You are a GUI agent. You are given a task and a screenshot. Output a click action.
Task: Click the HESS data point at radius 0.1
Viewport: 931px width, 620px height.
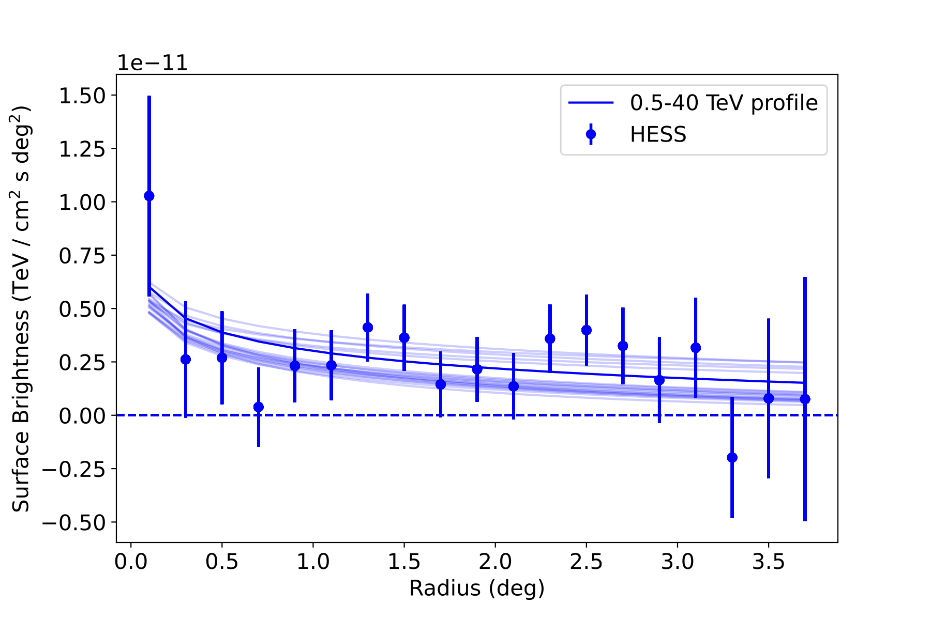point(149,196)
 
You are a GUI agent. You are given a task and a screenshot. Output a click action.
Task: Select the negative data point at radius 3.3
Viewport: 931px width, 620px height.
point(732,458)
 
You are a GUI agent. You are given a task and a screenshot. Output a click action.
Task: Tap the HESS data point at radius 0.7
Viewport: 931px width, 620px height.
point(259,407)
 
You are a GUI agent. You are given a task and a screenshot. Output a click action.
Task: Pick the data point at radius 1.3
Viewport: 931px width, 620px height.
point(368,327)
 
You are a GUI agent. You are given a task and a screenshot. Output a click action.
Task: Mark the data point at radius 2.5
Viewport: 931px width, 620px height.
point(587,330)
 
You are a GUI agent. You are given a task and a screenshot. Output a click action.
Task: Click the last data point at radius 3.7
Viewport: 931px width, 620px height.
point(805,399)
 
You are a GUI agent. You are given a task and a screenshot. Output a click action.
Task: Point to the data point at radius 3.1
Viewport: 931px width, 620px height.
point(696,348)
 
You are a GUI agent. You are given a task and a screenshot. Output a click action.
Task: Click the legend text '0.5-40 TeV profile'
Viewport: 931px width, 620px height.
point(724,103)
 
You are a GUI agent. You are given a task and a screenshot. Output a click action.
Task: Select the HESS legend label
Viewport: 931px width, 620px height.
point(658,135)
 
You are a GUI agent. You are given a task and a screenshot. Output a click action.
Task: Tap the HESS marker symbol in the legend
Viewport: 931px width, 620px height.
point(591,134)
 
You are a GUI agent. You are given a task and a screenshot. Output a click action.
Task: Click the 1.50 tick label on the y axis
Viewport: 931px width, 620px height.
point(82,96)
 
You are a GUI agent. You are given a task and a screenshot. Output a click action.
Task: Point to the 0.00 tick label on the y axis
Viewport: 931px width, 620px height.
point(82,415)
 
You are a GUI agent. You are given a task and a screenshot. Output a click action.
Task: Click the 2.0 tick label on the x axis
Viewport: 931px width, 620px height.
point(495,562)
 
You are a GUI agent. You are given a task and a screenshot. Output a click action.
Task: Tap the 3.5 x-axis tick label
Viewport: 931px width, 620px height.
point(769,562)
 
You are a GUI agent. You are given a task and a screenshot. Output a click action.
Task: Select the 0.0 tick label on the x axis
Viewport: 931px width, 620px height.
point(131,562)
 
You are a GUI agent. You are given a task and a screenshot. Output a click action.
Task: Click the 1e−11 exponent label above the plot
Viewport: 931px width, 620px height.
point(152,64)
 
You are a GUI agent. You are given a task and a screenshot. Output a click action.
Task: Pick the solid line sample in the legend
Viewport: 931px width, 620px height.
point(591,103)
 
